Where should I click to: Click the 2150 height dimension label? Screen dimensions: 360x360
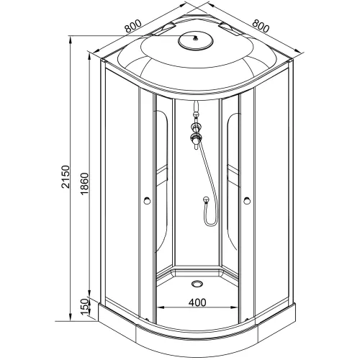(x=66, y=176)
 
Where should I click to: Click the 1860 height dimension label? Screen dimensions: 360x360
(x=84, y=184)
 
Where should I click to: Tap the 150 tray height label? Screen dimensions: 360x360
(x=84, y=307)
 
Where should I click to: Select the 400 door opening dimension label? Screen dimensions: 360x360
(x=197, y=302)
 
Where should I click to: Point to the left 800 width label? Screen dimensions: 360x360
(x=132, y=26)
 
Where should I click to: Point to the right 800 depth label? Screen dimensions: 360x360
(x=261, y=26)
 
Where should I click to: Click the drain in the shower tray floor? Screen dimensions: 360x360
(x=197, y=284)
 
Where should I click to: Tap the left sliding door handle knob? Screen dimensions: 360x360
(x=147, y=200)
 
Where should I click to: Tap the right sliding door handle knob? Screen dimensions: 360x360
(x=247, y=200)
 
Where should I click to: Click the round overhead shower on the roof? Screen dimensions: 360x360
(x=196, y=41)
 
